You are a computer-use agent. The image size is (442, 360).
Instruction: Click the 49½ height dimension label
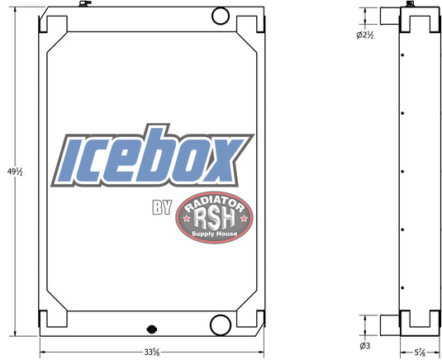coord(15,172)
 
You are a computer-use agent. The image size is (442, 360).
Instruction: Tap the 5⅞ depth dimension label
coord(420,352)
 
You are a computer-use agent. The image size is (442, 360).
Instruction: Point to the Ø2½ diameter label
coord(365,36)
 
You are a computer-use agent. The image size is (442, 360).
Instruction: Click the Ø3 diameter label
coord(365,346)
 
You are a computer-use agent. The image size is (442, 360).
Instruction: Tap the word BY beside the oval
coord(162,207)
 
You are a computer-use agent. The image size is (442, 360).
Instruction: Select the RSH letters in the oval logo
coord(214,219)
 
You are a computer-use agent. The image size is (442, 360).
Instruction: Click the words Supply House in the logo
coord(214,234)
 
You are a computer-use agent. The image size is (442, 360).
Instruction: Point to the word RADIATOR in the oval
coord(214,203)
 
